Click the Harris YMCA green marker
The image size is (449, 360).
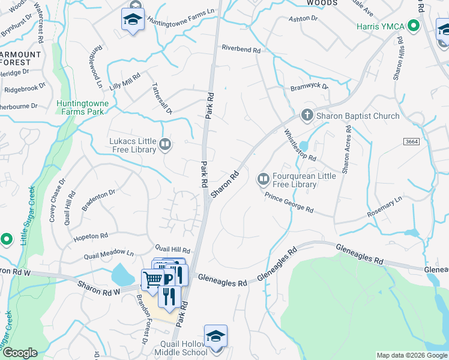coord(413,26)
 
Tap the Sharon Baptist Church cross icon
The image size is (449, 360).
coord(307,115)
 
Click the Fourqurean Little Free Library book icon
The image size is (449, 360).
coord(263,178)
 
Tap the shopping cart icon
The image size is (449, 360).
coord(152,279)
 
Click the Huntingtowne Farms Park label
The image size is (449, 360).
coord(83,107)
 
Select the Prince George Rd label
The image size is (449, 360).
coord(289,202)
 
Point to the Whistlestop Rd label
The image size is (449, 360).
coord(300,145)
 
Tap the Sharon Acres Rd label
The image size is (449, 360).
coord(346,150)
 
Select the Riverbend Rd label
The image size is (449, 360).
coord(241,49)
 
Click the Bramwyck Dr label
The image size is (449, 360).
coord(310,87)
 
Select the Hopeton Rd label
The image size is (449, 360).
coord(90,236)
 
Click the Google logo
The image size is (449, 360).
coord(19,353)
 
